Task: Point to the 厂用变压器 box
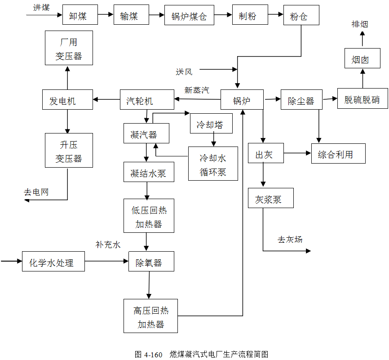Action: pos(69,48)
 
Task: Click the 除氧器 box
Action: pos(151,262)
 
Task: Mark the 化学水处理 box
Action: pos(53,262)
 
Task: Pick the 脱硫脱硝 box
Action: pos(362,99)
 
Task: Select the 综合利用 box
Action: pos(338,154)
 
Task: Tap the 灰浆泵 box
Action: pos(270,198)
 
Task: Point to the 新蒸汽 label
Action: pos(196,90)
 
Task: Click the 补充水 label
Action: pos(108,244)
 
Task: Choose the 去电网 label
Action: pos(36,192)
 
